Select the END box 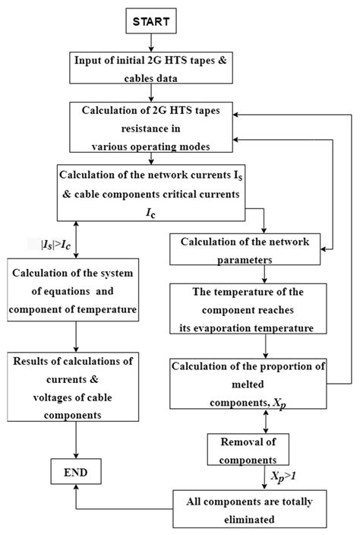pos(75,473)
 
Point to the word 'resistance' pos(153,125)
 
